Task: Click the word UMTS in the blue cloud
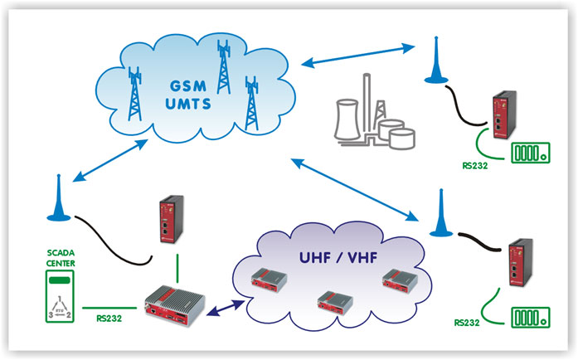point(188,104)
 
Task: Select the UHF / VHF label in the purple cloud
point(338,257)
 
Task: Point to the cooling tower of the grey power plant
point(347,119)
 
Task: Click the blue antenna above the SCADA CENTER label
point(59,198)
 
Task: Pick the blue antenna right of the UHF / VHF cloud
point(441,213)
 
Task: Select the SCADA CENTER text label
point(61,258)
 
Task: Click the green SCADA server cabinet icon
point(60,297)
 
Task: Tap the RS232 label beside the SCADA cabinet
point(109,318)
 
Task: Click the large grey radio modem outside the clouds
point(174,305)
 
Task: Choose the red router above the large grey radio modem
point(172,219)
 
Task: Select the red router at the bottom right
point(521,262)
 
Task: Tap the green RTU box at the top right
point(531,153)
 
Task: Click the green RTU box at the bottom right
point(531,318)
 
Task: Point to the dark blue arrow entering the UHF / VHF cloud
point(226,309)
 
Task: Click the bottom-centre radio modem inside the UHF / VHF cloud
point(335,303)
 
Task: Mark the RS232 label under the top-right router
point(475,166)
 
